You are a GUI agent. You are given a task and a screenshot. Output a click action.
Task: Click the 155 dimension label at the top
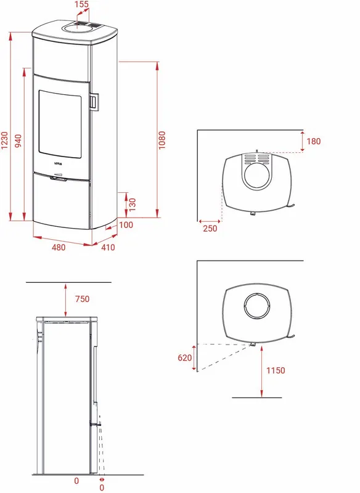81,5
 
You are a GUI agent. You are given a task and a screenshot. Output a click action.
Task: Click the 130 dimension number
132,203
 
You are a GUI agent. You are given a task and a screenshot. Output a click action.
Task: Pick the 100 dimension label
126,225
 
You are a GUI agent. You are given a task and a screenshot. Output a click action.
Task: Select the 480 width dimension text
58,247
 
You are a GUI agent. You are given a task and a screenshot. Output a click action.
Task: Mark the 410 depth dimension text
108,247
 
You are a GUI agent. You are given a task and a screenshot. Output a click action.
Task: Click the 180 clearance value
314,142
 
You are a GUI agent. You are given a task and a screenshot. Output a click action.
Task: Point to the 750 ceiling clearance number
82,299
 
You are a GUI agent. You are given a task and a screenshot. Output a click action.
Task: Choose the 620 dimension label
185,357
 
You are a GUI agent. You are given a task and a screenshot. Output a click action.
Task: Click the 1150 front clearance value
276,371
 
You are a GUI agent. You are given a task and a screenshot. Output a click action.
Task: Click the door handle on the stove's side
94,101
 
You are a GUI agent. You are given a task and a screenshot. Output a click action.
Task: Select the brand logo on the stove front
59,164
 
